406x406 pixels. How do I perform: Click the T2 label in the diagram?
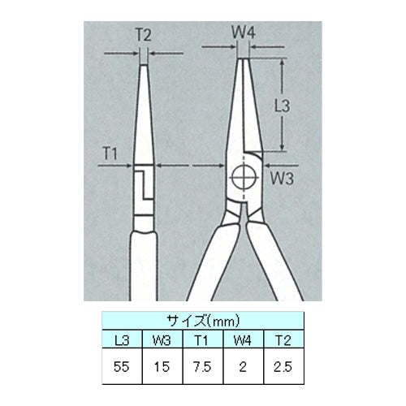(143, 35)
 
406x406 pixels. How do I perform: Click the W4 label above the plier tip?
(244, 33)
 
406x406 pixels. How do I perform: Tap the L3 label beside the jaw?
(283, 106)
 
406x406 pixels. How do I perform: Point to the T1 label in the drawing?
(110, 153)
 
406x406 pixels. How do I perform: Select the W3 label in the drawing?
(283, 179)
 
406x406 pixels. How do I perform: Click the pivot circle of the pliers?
(244, 178)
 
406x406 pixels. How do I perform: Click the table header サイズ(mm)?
(203, 321)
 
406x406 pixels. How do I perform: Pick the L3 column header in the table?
(122, 340)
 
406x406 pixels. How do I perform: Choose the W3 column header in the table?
(162, 340)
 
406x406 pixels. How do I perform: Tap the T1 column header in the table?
(202, 340)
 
